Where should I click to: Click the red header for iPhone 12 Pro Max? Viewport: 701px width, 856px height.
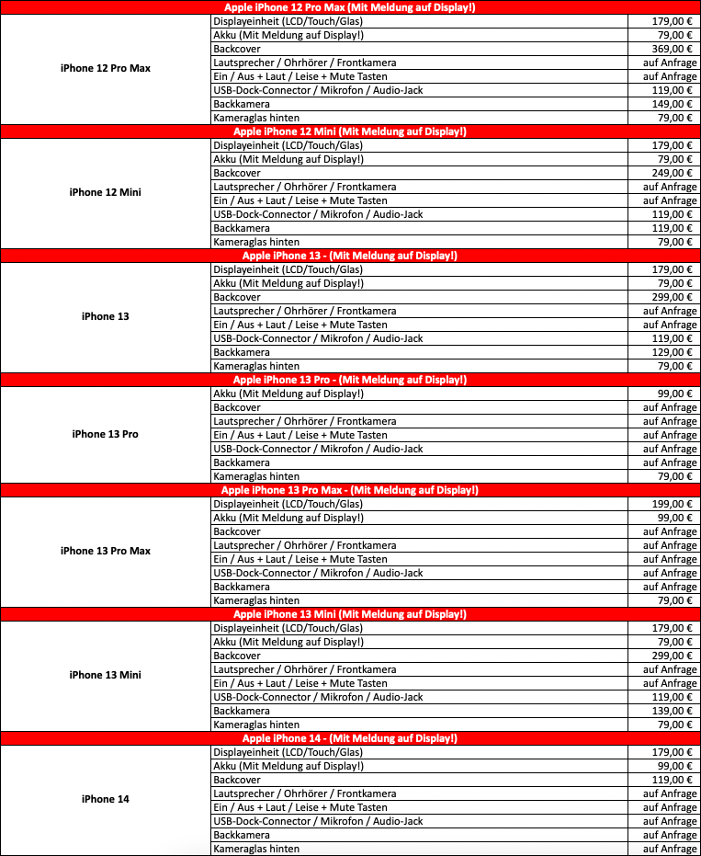click(x=349, y=7)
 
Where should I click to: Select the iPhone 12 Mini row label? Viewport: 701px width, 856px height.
click(x=105, y=192)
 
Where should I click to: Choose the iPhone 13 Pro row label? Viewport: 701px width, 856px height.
click(x=105, y=434)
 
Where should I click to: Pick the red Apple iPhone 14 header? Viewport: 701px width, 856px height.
click(x=349, y=738)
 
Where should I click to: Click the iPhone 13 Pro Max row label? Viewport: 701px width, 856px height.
click(x=105, y=551)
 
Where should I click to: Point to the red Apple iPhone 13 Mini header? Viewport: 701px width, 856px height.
click(x=349, y=614)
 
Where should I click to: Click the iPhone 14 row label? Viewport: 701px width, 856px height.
click(x=105, y=799)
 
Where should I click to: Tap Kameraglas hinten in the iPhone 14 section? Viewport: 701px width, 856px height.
click(x=256, y=849)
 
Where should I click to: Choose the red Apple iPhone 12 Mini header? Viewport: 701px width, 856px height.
click(x=349, y=131)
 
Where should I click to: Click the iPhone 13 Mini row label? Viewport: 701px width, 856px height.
click(x=105, y=675)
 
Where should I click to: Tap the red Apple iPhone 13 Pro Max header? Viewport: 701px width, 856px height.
click(x=349, y=490)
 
